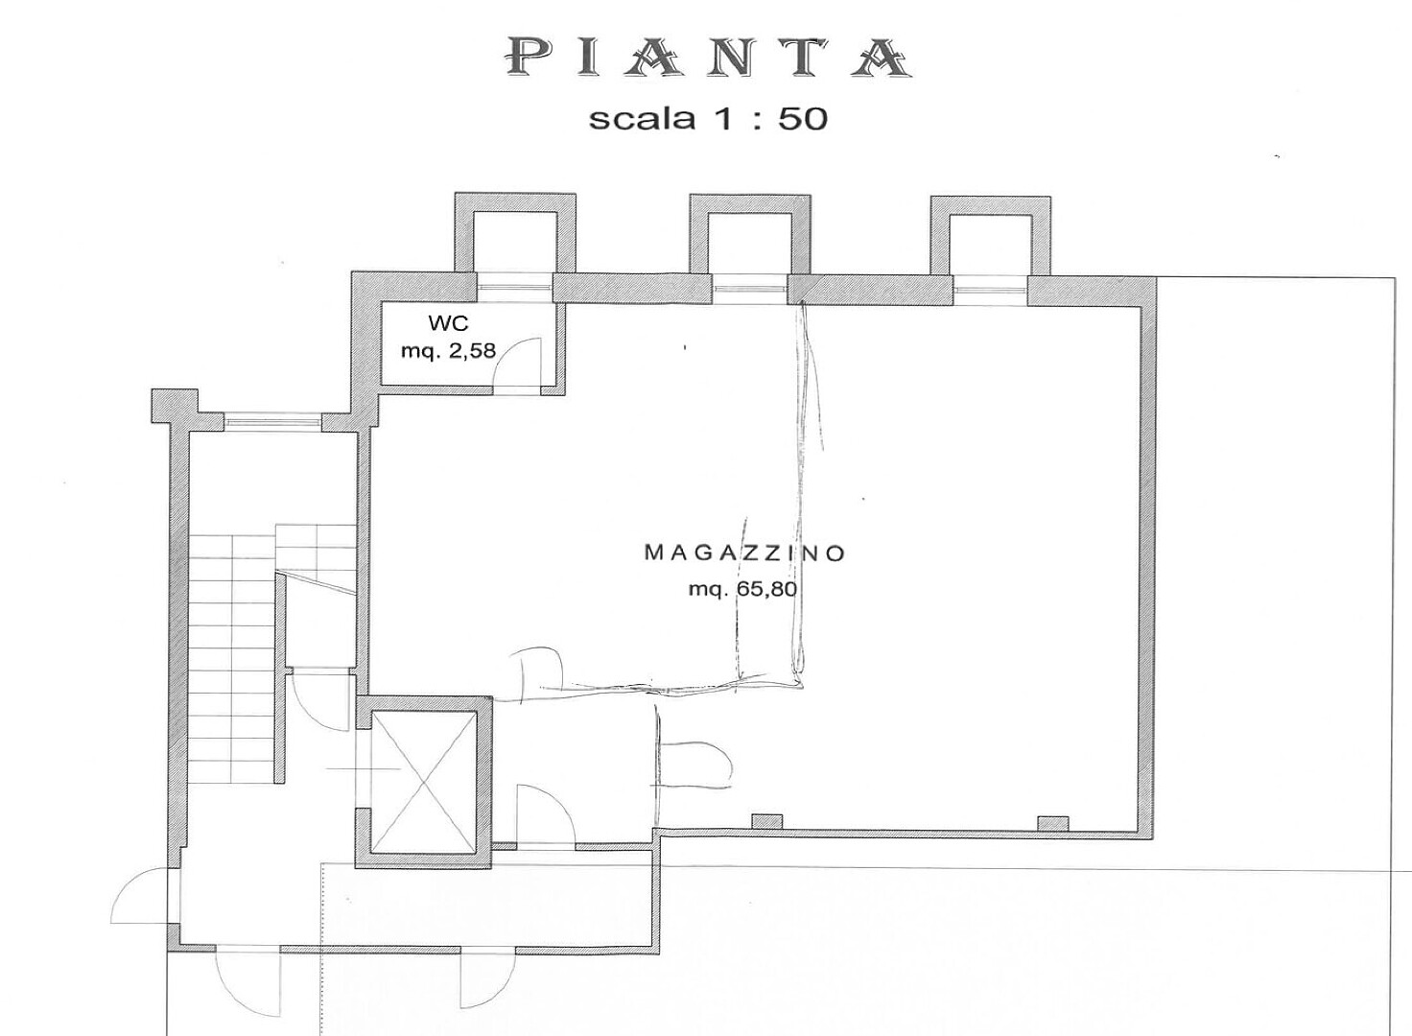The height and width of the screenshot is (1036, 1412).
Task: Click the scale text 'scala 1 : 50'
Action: point(708,119)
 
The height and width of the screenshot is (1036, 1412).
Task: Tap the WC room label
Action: point(448,323)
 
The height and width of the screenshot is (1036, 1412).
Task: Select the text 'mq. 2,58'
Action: point(448,350)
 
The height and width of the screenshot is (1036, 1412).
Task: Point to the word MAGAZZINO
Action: point(744,553)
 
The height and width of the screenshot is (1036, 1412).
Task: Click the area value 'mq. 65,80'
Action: point(743,590)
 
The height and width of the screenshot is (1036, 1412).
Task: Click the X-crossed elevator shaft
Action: point(423,782)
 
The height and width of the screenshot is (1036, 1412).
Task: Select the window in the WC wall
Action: point(515,288)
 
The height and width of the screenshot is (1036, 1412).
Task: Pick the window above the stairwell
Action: point(273,422)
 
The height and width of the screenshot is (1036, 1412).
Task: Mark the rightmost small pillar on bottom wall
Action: point(1052,823)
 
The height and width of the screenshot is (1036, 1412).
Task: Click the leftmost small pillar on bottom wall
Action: point(767,822)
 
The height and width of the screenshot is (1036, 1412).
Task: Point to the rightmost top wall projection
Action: point(990,236)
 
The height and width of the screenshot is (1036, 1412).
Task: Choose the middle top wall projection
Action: point(750,234)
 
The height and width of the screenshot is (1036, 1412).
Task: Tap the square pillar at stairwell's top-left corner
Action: point(175,406)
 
